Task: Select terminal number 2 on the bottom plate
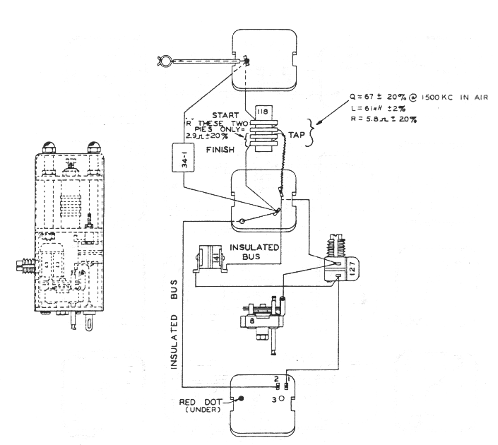click(276, 380)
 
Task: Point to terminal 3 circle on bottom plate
click(281, 399)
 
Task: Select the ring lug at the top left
click(165, 61)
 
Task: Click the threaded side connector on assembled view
click(25, 267)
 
